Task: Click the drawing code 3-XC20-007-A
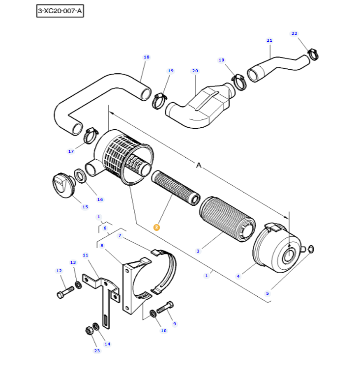tap(60, 11)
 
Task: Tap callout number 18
tap(146, 57)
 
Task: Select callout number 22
tap(294, 33)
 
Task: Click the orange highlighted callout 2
tap(156, 227)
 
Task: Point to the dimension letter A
tap(199, 166)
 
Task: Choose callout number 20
tap(195, 71)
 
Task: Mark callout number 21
tap(269, 40)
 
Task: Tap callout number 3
tap(198, 251)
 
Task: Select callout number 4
tap(238, 277)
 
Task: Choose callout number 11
tap(85, 255)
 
